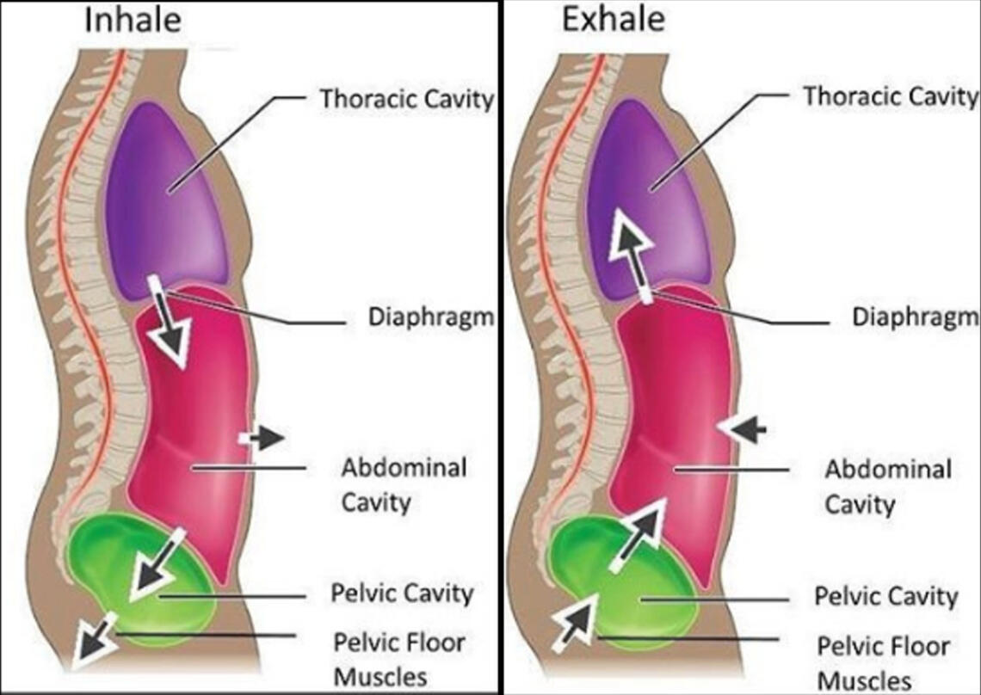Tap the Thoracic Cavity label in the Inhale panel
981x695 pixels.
(x=407, y=98)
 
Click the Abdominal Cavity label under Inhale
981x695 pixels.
(x=404, y=484)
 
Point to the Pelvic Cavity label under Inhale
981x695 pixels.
(x=402, y=594)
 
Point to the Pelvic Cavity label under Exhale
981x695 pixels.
(x=885, y=595)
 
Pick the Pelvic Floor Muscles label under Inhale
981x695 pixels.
(x=399, y=659)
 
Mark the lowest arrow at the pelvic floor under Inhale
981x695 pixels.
(x=93, y=641)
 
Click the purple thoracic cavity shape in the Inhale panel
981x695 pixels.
(x=168, y=202)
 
